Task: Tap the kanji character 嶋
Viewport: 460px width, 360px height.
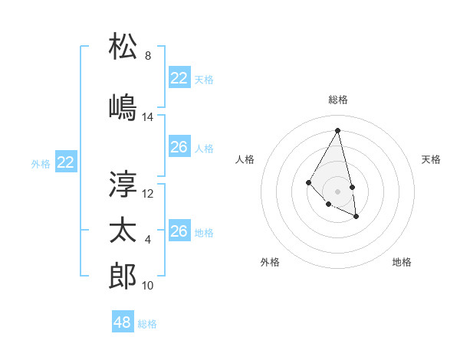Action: [123, 107]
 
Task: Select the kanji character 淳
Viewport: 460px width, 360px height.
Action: [123, 184]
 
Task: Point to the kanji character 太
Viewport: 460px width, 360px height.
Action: [123, 230]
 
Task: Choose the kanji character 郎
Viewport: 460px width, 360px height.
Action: [123, 276]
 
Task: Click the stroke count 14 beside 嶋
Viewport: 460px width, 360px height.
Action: [148, 117]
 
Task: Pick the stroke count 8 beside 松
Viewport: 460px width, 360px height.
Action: [148, 56]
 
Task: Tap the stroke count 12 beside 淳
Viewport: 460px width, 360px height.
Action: [148, 194]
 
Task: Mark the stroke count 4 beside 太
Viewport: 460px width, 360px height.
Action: [148, 240]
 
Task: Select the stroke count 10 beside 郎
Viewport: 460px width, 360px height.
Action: [148, 286]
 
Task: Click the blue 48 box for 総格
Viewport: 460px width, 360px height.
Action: [123, 322]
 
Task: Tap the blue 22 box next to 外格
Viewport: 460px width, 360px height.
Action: [66, 162]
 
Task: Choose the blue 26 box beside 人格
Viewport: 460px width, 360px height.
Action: [179, 147]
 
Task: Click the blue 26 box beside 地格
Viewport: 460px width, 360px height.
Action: [179, 231]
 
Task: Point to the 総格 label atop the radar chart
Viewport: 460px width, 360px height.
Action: [337, 100]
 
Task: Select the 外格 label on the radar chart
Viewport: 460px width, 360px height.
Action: [270, 263]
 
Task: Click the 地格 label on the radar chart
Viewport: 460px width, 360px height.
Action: [402, 263]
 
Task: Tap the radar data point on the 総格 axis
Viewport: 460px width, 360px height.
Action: [337, 131]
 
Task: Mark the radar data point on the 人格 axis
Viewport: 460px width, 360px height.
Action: [308, 182]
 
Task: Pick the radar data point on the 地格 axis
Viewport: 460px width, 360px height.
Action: [356, 217]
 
